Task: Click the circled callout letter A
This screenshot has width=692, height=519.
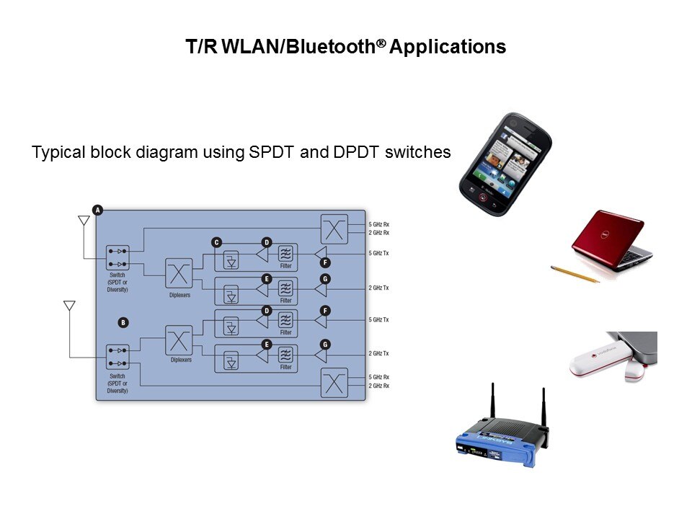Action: pyautogui.click(x=98, y=210)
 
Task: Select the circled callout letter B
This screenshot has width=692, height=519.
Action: pyautogui.click(x=123, y=322)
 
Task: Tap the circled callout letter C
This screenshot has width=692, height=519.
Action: pyautogui.click(x=216, y=242)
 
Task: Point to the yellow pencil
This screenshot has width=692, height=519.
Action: pyautogui.click(x=575, y=274)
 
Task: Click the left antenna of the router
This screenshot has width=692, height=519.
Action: pyautogui.click(x=494, y=405)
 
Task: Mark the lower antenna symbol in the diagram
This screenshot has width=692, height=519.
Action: pyautogui.click(x=69, y=306)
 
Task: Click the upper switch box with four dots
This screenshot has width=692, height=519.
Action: pyautogui.click(x=117, y=258)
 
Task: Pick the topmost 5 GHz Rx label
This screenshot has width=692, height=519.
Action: pyautogui.click(x=379, y=225)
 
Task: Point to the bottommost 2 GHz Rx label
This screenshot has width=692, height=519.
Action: pyautogui.click(x=379, y=386)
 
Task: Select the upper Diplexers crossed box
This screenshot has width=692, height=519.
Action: pyautogui.click(x=179, y=274)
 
